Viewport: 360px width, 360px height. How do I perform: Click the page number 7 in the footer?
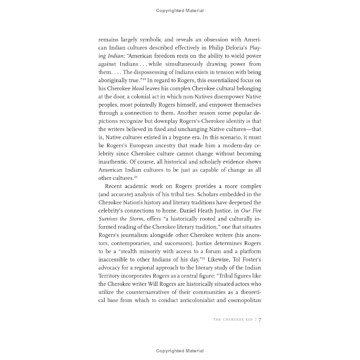point(260,320)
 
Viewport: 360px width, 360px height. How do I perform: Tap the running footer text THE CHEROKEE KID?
point(233,320)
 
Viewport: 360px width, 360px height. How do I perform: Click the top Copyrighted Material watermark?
point(180,11)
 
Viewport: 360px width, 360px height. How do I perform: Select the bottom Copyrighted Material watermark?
point(180,351)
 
